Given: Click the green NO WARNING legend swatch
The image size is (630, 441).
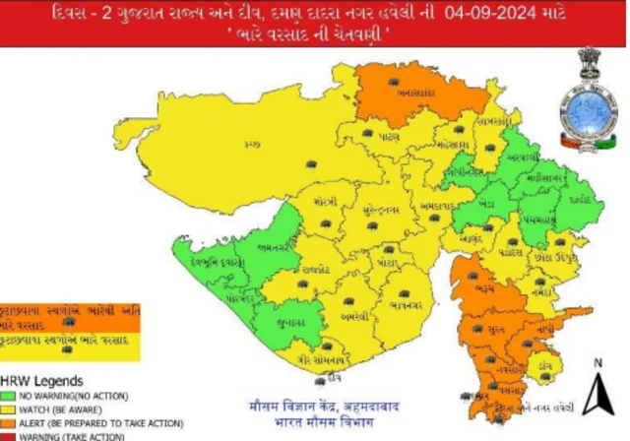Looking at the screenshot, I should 9,395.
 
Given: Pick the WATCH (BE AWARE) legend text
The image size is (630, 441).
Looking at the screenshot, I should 63,409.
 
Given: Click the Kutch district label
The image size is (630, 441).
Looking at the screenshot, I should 252,145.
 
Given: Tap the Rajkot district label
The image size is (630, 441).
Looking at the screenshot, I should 315,268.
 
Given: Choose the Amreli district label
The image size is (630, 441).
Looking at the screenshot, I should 352,317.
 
